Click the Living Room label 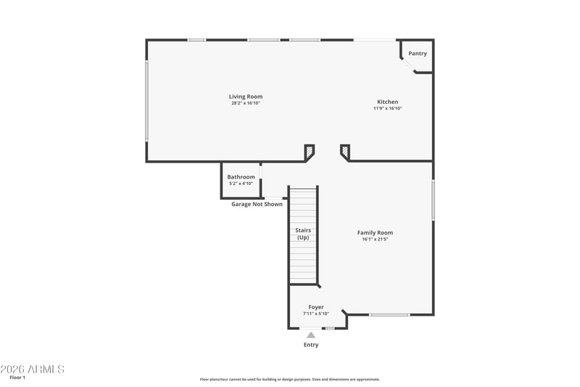tap(246, 97)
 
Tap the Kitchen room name tap(388, 102)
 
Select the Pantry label tap(418, 53)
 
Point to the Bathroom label tap(241, 177)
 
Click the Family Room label tap(375, 232)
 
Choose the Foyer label tap(316, 307)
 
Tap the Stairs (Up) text tap(303, 234)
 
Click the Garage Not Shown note tap(257, 204)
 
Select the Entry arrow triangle tap(311, 335)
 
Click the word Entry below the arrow tap(311, 345)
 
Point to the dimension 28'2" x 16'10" tap(246, 103)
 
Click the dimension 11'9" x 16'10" tap(388, 108)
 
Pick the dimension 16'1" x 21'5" tap(375, 239)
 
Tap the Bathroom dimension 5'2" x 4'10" tap(241, 183)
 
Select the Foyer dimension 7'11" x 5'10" tap(316, 314)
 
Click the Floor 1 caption tap(17, 378)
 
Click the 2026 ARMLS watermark tap(32, 370)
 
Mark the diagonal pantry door tap(408, 65)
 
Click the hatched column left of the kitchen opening tap(310, 152)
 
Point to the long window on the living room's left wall tap(147, 101)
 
